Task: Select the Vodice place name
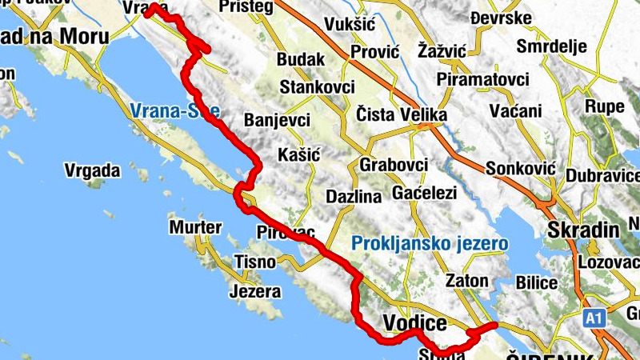414,323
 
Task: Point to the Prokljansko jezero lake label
430,242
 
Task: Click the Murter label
195,228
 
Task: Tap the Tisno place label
254,262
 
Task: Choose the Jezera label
255,291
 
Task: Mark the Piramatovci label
483,80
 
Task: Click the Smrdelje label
552,45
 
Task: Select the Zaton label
466,281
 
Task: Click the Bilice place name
537,282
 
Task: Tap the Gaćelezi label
424,193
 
